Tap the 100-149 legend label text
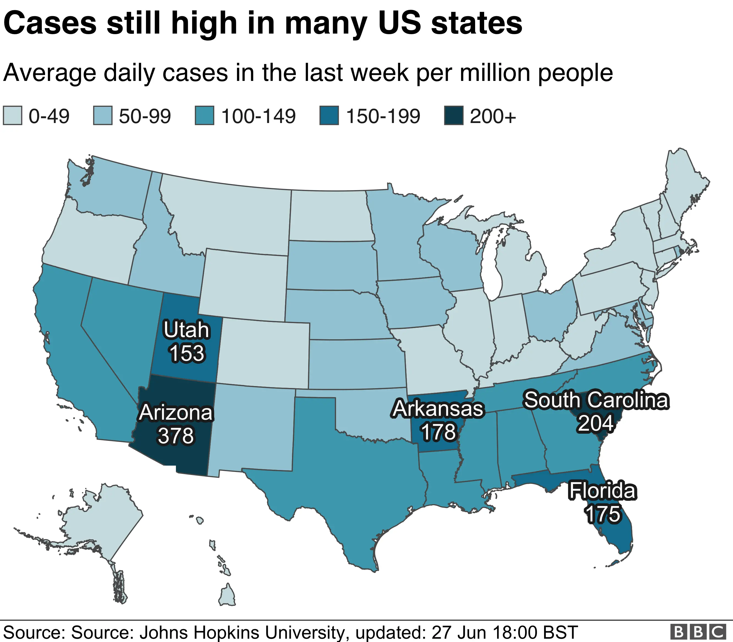(258, 116)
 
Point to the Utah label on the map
(186, 330)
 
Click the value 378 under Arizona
(176, 436)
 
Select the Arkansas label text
(438, 409)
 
